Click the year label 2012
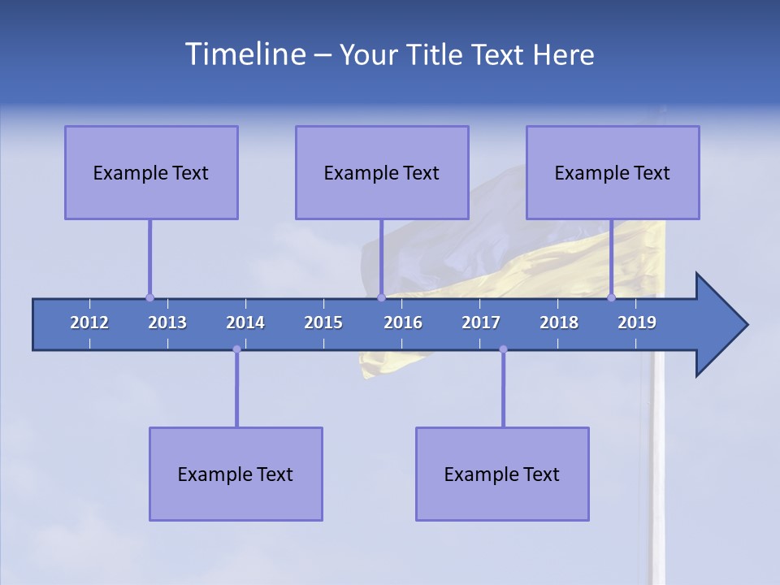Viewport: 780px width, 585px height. pyautogui.click(x=89, y=323)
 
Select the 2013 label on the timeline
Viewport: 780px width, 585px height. pyautogui.click(x=167, y=323)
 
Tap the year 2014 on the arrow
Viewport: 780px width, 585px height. pyautogui.click(x=245, y=323)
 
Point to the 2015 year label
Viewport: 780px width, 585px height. pyautogui.click(x=323, y=323)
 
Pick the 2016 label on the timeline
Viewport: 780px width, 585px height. pyautogui.click(x=403, y=323)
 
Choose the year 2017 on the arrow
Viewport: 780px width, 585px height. pyautogui.click(x=481, y=323)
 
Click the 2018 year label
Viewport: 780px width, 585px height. pyautogui.click(x=559, y=323)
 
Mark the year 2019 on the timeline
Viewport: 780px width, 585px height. pyautogui.click(x=637, y=323)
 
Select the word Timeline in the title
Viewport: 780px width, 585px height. pyautogui.click(x=244, y=54)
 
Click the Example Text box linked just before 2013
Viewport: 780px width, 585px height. pyautogui.click(x=151, y=172)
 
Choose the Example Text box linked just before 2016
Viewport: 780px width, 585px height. pyautogui.click(x=382, y=172)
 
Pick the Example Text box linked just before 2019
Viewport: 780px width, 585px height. pyautogui.click(x=613, y=172)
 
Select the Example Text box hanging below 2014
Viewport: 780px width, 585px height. pyautogui.click(x=236, y=474)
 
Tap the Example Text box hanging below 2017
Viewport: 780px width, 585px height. pyautogui.click(x=502, y=474)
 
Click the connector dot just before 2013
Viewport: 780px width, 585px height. pyautogui.click(x=149, y=298)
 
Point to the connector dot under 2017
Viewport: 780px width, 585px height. pyautogui.click(x=503, y=349)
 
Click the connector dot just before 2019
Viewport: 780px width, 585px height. pyautogui.click(x=612, y=298)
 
